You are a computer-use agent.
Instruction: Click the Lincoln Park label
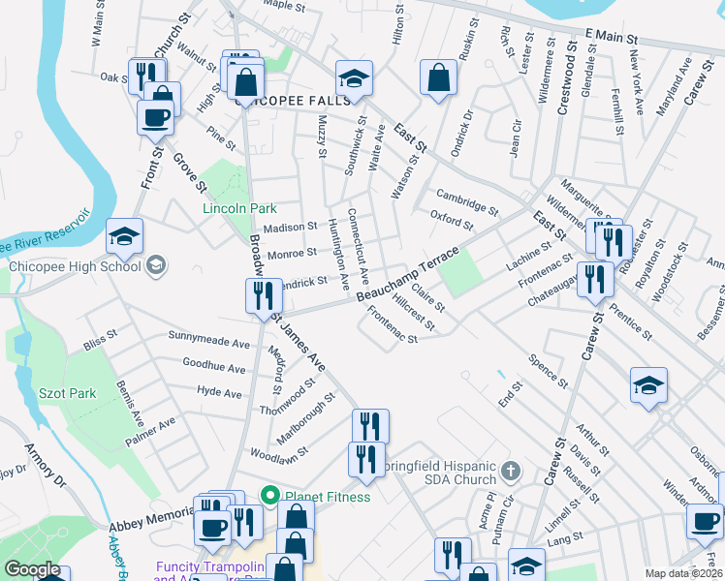coord(239,208)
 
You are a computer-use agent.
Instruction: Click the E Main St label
coord(610,37)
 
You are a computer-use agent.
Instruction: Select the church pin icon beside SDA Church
coord(512,472)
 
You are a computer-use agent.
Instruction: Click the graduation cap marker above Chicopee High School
coord(124,235)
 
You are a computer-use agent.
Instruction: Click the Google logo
coord(32,569)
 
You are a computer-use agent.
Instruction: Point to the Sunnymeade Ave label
coord(209,343)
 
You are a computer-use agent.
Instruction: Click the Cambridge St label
coord(466,201)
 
